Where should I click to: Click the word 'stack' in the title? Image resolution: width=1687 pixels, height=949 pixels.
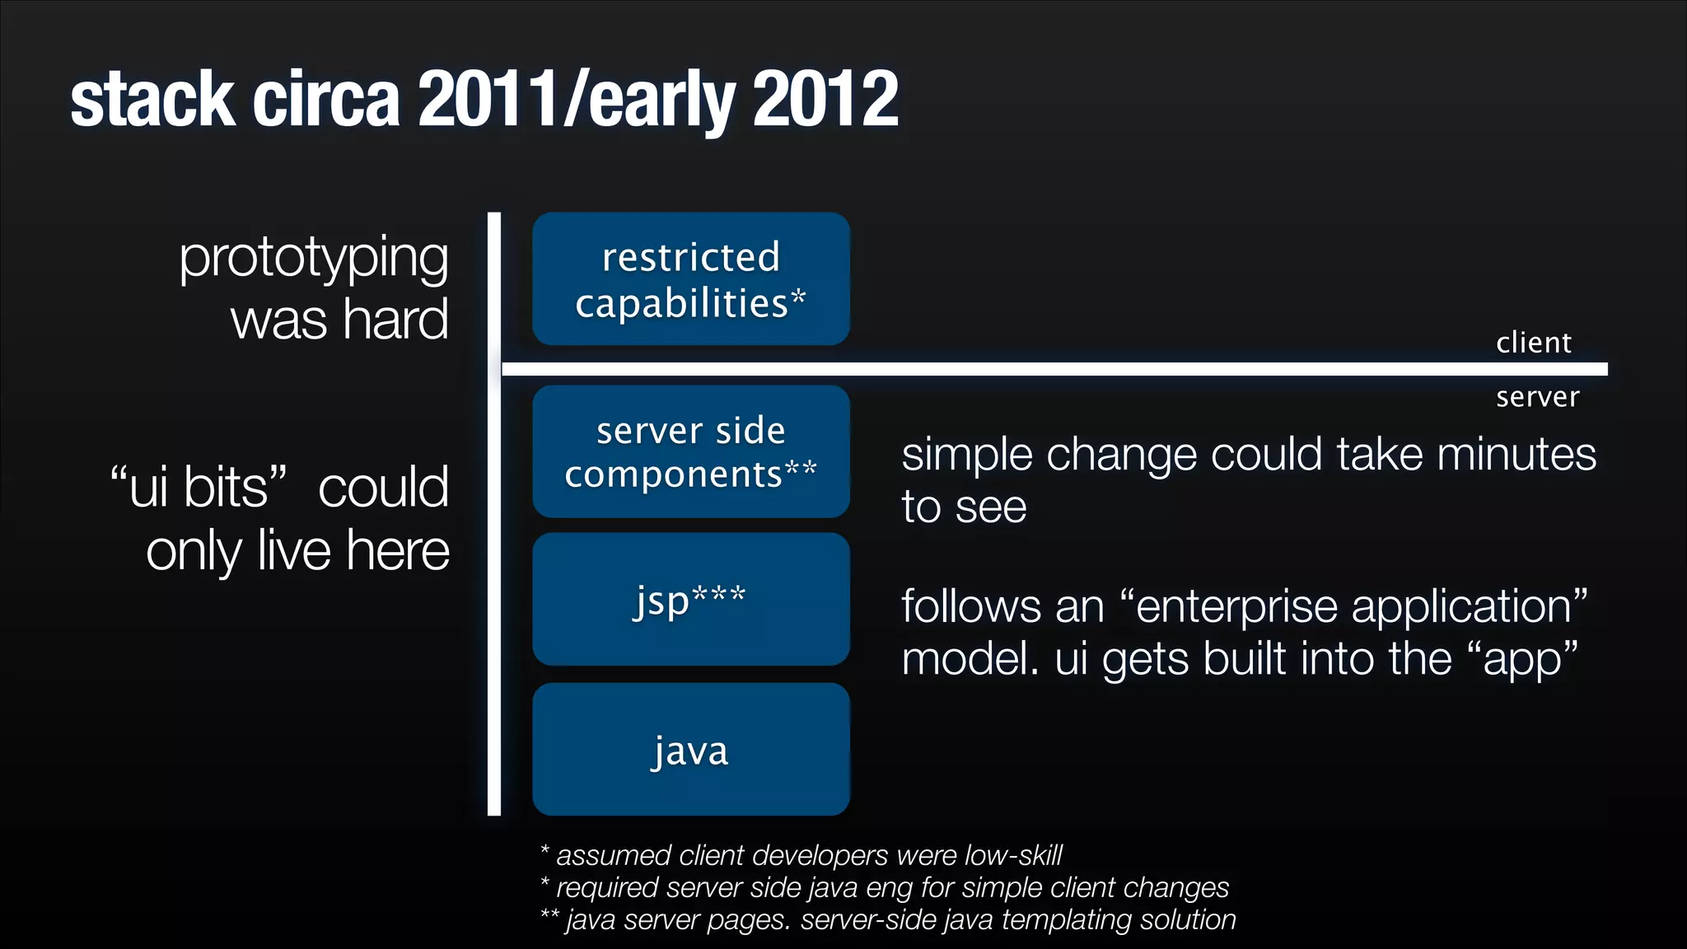152,100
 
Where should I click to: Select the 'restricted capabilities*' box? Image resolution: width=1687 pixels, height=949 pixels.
690,278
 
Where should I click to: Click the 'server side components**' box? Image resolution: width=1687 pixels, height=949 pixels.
690,451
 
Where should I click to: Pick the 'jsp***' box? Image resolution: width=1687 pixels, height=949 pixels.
690,599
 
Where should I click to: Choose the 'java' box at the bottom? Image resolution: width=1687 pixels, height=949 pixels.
690,750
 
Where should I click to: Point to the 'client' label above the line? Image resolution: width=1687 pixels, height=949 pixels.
1534,342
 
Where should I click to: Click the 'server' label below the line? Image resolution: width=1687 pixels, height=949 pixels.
1537,397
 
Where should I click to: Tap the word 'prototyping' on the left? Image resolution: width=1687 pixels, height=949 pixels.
314,259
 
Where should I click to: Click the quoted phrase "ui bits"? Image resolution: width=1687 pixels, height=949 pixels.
199,486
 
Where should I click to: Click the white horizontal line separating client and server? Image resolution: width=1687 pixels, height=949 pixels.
1054,369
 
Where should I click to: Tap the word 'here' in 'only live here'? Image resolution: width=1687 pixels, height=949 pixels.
398,550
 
